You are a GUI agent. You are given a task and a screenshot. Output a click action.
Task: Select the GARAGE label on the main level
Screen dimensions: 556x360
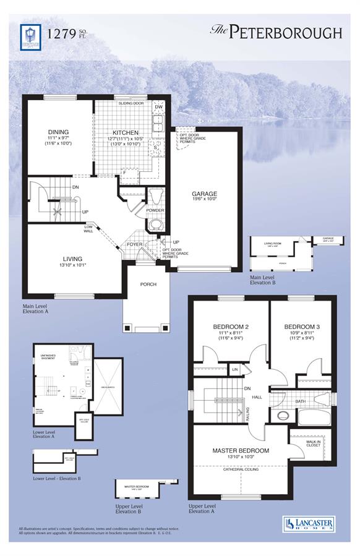coord(205,193)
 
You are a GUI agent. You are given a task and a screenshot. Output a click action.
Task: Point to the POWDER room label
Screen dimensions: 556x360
coord(155,210)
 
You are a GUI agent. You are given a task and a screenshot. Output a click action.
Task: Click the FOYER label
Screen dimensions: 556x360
coord(135,244)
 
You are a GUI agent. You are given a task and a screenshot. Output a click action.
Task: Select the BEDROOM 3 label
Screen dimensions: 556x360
coord(302,327)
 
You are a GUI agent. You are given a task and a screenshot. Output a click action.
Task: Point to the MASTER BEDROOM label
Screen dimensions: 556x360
coord(241,450)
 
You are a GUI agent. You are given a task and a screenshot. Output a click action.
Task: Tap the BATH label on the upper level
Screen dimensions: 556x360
coord(300,401)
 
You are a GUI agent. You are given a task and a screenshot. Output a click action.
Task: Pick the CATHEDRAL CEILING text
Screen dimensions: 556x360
coord(241,469)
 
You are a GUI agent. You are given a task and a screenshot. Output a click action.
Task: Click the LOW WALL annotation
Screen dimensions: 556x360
coord(89,229)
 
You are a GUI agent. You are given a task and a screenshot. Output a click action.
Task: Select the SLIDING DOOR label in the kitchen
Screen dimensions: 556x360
coord(131,103)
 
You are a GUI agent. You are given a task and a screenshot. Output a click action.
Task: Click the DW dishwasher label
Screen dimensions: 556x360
coord(158,107)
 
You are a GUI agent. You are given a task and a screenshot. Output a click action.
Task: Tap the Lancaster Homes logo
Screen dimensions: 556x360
coord(307,523)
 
